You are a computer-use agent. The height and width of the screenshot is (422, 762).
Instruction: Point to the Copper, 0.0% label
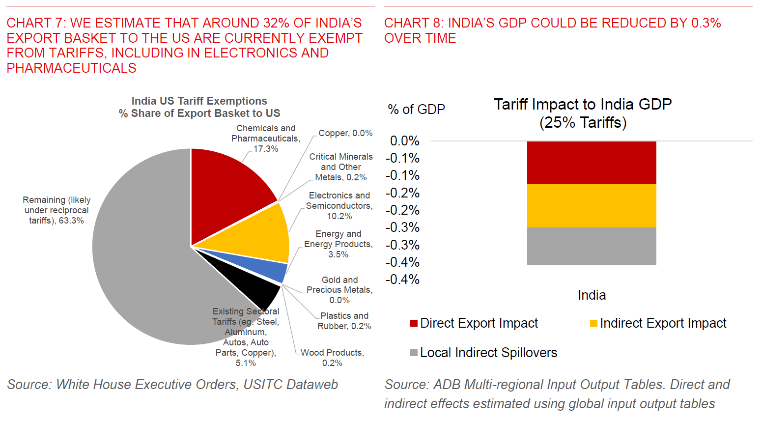coord(345,133)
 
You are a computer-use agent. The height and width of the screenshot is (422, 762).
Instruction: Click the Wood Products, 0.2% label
coord(332,358)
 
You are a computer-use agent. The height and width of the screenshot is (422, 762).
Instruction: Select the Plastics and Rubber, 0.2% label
coord(344,321)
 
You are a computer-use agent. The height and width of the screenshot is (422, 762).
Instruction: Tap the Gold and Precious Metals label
coord(339,290)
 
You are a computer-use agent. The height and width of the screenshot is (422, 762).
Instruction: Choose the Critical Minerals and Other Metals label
coord(340,167)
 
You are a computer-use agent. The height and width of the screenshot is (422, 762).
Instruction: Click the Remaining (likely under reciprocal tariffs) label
coord(56,210)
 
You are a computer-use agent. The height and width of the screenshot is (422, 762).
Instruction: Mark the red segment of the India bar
coord(592,163)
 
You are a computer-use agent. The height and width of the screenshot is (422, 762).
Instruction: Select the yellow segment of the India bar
coord(592,205)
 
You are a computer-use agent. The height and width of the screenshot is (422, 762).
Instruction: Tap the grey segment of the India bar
coord(592,246)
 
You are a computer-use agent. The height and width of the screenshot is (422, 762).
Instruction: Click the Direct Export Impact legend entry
coord(474,323)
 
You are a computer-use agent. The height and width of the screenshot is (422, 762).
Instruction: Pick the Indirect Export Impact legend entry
coord(658,323)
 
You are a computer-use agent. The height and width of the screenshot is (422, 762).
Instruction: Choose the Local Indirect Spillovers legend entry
coord(484,353)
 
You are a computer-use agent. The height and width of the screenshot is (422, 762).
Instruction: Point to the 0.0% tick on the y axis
coord(405,141)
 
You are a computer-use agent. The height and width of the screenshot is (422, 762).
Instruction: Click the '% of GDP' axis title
coord(417,109)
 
